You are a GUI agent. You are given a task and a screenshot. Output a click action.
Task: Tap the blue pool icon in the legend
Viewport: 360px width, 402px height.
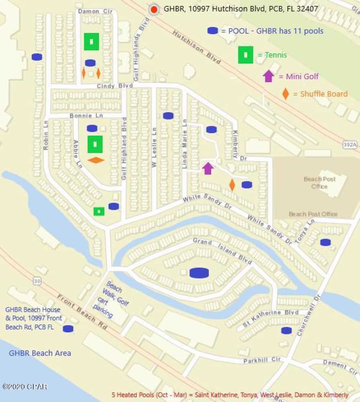point(213,31)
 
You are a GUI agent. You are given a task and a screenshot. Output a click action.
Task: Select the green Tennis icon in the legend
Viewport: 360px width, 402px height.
point(245,55)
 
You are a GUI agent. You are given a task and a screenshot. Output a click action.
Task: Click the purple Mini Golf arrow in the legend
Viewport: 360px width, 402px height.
point(268,76)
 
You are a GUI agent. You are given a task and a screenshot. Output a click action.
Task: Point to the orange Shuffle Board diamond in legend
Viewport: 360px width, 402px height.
point(286,94)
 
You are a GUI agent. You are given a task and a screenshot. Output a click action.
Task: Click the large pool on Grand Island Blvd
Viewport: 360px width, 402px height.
point(199,273)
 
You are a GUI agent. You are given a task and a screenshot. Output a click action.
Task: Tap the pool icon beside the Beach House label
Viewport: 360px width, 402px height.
point(68,329)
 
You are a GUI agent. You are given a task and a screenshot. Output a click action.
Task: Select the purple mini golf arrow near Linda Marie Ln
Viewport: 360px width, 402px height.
point(208,168)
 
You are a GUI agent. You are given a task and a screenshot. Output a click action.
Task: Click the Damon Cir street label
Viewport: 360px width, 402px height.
point(95,11)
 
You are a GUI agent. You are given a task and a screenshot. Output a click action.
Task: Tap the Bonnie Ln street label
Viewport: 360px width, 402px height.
point(86,115)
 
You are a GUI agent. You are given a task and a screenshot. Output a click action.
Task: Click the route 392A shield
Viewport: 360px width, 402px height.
point(350,144)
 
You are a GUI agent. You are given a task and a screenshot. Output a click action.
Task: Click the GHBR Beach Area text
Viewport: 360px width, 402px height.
point(40,353)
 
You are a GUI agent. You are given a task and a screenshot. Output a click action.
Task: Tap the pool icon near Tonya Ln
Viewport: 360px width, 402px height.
point(325,242)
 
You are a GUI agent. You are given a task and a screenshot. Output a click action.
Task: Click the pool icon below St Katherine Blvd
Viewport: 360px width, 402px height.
point(286,331)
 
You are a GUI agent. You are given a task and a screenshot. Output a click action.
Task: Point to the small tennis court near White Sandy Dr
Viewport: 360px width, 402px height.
point(99,211)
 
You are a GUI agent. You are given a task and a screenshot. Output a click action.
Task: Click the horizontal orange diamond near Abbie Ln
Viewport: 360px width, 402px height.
point(96,160)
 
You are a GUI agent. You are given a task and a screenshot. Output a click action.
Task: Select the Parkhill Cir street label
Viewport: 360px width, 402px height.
point(261,360)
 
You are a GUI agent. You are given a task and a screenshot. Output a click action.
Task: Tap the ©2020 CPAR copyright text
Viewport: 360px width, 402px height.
point(25,387)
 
